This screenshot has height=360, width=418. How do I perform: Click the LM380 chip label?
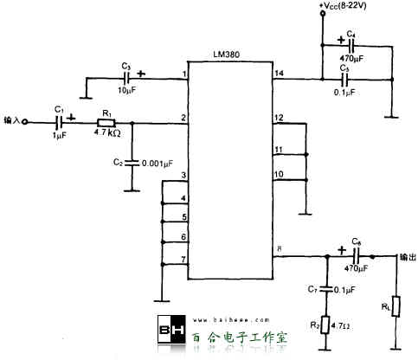coord(228,54)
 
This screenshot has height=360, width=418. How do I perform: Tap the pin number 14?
coord(278,73)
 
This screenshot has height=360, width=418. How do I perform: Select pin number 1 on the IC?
coord(183,73)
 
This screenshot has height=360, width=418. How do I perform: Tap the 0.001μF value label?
coord(158,162)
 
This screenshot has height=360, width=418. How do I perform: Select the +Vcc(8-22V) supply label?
coord(354,7)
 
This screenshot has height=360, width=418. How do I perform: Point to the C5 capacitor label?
coord(345,67)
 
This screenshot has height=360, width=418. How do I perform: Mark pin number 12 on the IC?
coord(278,118)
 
